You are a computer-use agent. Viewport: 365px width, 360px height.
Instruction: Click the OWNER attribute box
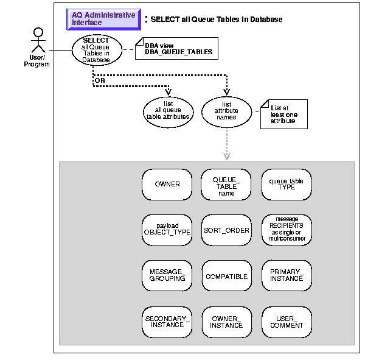167,183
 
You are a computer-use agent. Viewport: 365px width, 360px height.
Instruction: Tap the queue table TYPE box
287,183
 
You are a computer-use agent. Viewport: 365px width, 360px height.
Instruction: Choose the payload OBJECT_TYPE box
167,230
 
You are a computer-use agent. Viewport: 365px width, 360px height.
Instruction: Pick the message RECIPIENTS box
287,230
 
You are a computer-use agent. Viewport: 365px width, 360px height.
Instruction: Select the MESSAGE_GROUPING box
167,276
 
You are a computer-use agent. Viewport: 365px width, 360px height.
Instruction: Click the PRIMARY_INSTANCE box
287,276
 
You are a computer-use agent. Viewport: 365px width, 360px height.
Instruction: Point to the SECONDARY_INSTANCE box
167,322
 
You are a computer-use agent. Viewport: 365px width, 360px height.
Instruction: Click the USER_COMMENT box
287,322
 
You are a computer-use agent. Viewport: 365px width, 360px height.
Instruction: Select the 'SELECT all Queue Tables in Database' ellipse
96,50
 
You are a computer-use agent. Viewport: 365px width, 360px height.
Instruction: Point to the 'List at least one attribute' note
283,114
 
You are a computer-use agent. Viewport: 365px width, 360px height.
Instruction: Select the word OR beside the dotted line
98,79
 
